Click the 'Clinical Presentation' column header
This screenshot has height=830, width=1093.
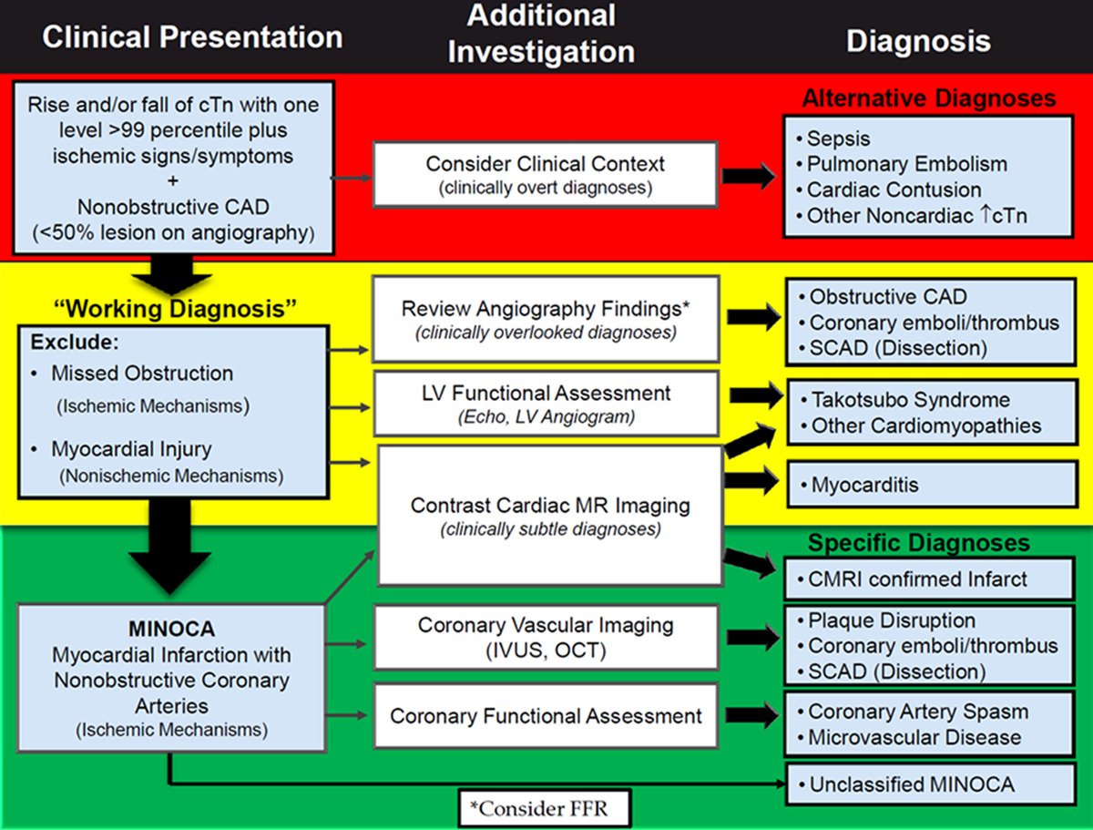pyautogui.click(x=192, y=37)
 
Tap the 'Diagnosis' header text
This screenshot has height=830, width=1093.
pyautogui.click(x=919, y=40)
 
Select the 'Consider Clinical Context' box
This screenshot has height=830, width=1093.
pyautogui.click(x=546, y=174)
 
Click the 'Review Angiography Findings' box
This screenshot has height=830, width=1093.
pyautogui.click(x=546, y=319)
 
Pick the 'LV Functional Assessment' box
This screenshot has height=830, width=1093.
pyautogui.click(x=546, y=404)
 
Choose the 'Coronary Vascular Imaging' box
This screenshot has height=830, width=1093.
pyautogui.click(x=546, y=638)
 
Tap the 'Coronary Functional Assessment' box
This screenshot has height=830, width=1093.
pyautogui.click(x=546, y=715)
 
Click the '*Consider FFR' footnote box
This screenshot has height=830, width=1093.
pyautogui.click(x=545, y=809)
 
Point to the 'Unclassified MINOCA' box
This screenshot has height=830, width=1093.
pyautogui.click(x=930, y=784)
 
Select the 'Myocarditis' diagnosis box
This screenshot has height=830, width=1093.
pyautogui.click(x=932, y=485)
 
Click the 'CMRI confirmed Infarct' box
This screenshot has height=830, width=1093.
pyautogui.click(x=929, y=579)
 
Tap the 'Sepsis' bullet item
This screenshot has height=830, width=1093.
pyautogui.click(x=833, y=138)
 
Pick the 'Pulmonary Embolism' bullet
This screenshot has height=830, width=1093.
pyautogui.click(x=902, y=164)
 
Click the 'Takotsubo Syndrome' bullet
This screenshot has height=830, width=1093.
pyautogui.click(x=905, y=399)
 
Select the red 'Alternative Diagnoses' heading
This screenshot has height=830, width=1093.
pyautogui.click(x=929, y=98)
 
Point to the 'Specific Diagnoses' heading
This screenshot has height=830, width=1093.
pyautogui.click(x=919, y=542)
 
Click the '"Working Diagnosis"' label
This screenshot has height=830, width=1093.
pyautogui.click(x=175, y=309)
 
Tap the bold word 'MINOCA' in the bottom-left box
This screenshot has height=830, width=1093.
pyautogui.click(x=172, y=629)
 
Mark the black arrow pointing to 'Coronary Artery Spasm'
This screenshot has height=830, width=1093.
pyautogui.click(x=752, y=715)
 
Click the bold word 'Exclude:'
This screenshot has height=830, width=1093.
pyautogui.click(x=75, y=342)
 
